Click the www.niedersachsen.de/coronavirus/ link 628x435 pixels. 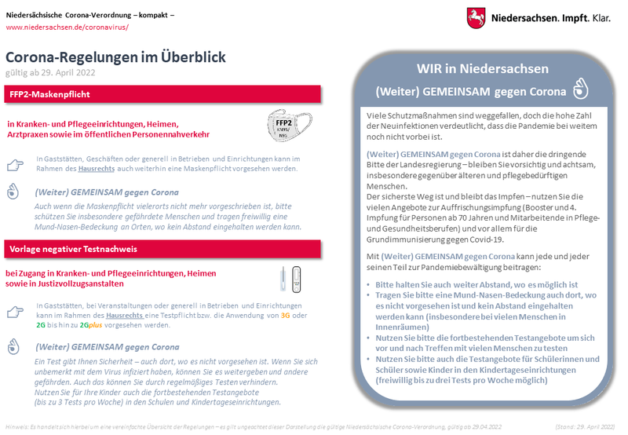67,27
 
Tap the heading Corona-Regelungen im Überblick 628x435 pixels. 115,57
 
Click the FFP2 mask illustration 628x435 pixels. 284,125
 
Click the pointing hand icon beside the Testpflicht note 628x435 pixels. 15,313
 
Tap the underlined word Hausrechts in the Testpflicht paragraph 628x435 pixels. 130,315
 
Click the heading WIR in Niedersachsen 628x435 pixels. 482,69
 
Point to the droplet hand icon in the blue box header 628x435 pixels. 582,89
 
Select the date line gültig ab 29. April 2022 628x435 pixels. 50,72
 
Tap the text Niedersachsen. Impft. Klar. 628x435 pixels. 549,16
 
